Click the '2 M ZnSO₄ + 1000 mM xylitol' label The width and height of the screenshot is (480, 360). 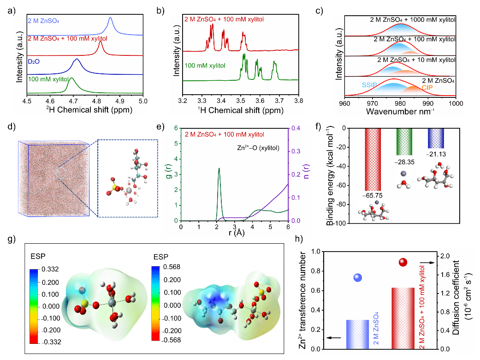(413, 20)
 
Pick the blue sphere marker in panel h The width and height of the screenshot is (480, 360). (358, 277)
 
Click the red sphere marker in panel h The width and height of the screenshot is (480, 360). (403, 262)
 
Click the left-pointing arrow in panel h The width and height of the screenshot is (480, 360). (334, 338)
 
